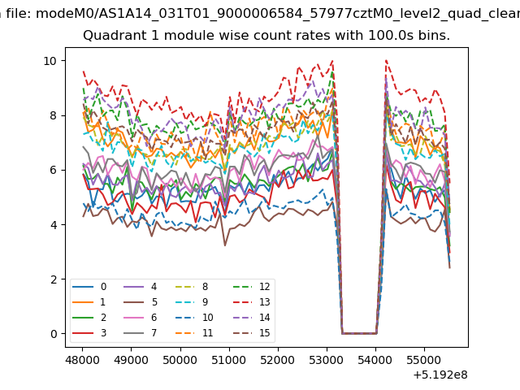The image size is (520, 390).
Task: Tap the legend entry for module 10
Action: pos(194,318)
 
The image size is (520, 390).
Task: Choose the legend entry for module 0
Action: pos(89,287)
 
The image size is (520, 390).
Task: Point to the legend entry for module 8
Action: pos(192,287)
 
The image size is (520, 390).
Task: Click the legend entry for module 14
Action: pos(252,318)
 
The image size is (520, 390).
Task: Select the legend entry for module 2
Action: pos(89,318)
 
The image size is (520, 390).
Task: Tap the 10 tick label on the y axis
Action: pos(50,61)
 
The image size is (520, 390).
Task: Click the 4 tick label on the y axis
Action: pos(54,225)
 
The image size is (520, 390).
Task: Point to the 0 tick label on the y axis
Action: pos(54,334)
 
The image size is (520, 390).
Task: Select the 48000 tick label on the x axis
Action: pos(82,360)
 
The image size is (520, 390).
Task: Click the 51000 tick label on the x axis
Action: pos(229,360)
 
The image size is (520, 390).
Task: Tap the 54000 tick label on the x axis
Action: pos(375,360)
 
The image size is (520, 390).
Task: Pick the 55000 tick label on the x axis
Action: pos(424,360)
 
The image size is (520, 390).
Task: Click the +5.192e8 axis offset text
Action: pos(440,375)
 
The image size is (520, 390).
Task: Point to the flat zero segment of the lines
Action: pos(359,334)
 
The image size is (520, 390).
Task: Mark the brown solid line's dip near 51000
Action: pos(225,245)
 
